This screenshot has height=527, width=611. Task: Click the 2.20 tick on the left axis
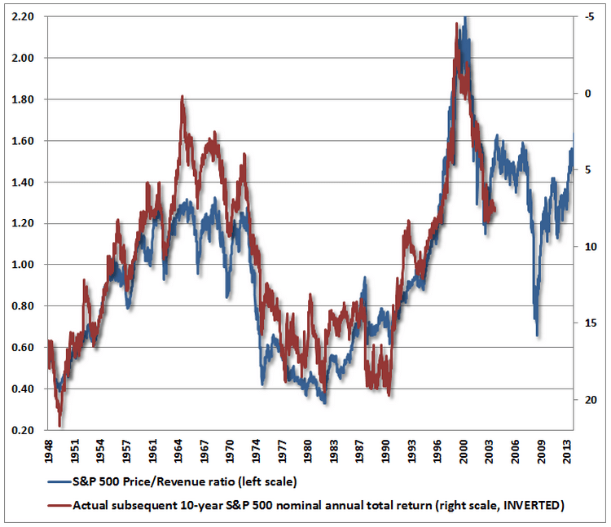[24, 17]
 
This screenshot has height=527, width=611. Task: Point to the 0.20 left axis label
[24, 431]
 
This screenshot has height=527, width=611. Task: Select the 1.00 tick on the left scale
[24, 266]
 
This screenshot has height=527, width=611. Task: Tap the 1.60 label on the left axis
[24, 141]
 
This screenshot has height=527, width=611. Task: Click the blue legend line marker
[59, 481]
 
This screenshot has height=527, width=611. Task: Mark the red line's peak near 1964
[182, 96]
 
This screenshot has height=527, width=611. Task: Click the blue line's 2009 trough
[537, 334]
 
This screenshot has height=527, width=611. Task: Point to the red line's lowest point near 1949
[59, 425]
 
